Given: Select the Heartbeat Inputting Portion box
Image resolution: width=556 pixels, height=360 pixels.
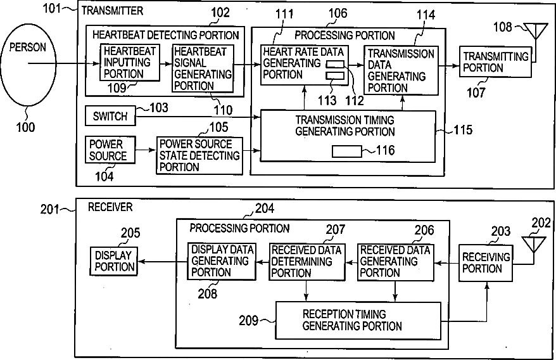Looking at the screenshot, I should [129, 62].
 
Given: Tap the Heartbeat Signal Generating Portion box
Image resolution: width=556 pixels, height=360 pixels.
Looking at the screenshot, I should [202, 68].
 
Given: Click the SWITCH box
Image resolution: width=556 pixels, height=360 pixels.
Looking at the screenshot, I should [110, 117].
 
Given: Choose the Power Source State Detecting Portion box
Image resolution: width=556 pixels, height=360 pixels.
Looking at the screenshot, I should [199, 155].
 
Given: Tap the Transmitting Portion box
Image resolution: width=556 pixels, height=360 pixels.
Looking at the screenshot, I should [486, 62].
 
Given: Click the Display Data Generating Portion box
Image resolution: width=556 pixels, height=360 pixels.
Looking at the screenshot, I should [221, 261].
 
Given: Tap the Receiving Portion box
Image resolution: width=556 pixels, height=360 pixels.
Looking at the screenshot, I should [486, 262].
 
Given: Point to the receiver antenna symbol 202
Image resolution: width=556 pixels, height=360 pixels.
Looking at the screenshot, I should [530, 243].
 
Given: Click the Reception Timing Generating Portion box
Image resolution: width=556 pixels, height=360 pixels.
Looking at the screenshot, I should [357, 321].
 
